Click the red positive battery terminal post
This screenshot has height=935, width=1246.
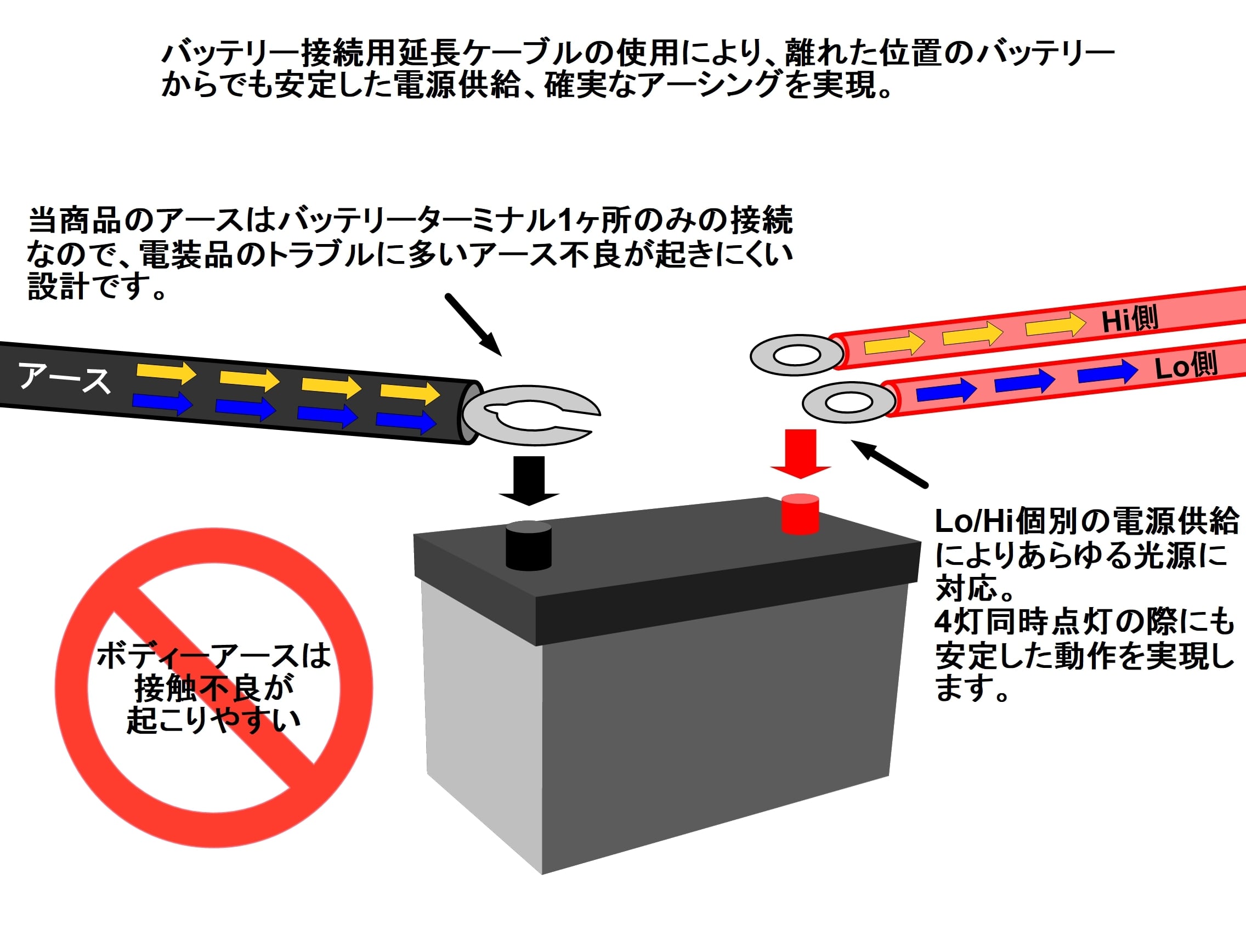pos(800,513)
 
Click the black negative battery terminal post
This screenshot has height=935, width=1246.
pos(528,545)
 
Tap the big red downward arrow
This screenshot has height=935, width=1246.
pos(801,454)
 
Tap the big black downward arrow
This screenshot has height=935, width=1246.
pos(528,480)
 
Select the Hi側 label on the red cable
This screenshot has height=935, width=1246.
pos(1130,319)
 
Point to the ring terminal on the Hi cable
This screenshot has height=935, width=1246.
pos(796,355)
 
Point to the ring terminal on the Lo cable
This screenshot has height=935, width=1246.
pos(849,402)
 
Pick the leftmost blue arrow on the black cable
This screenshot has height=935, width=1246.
pos(163,402)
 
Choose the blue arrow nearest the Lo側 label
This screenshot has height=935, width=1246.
pos(1107,372)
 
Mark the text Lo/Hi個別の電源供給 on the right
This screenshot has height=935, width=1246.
pos(1086,520)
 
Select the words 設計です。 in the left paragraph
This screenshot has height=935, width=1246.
pos(98,286)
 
